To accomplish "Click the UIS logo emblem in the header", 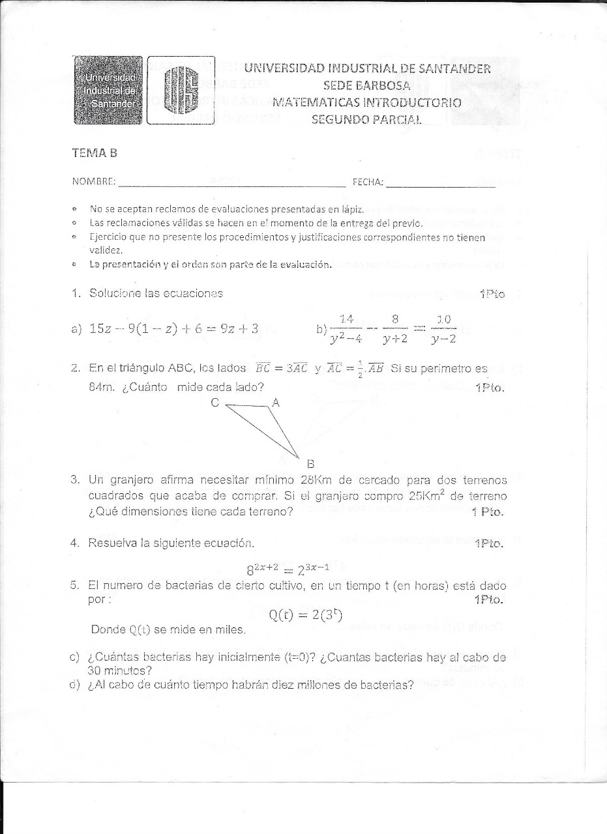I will (180, 91).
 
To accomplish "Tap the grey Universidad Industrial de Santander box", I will (108, 91).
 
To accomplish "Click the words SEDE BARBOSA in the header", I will (366, 85).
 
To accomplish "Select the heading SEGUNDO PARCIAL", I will (367, 119).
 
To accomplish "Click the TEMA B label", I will (95, 153).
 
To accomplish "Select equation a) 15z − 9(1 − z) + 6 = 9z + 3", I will (173, 328).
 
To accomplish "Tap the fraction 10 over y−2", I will (443, 329).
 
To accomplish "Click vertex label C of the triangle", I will (215, 403).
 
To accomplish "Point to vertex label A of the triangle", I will (275, 403).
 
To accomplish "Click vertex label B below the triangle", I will (310, 464).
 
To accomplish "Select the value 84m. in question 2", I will (103, 386).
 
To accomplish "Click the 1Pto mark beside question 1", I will (492, 294).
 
